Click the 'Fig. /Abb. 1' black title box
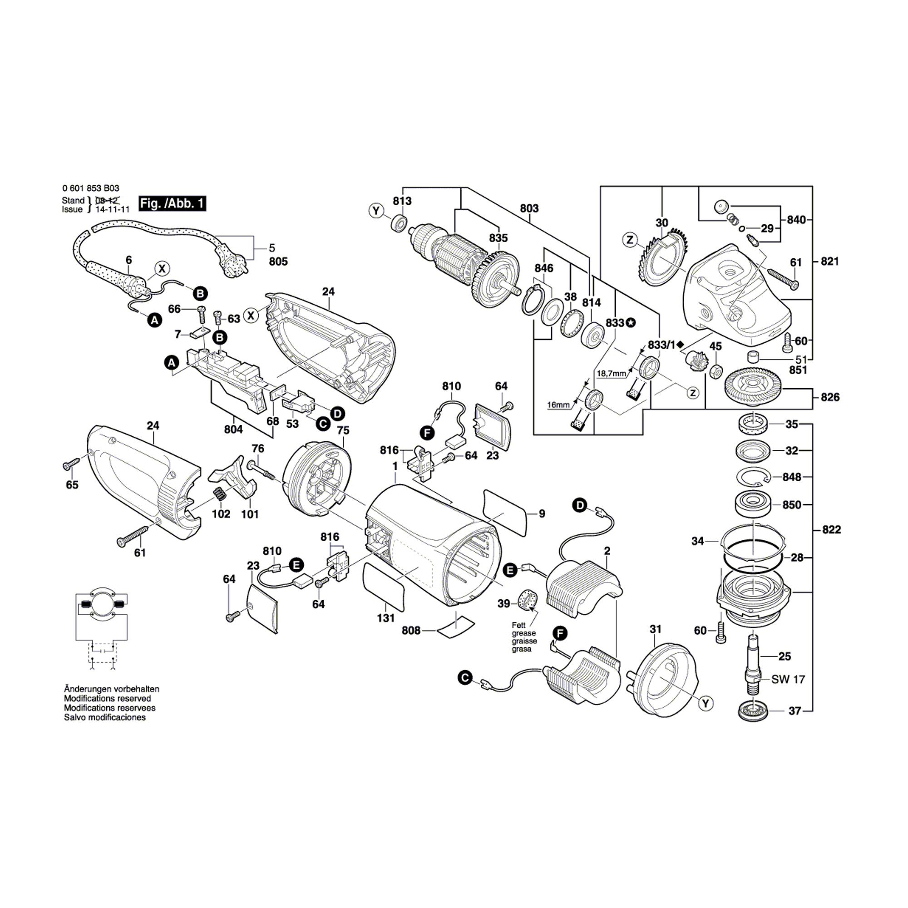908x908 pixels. click(x=173, y=203)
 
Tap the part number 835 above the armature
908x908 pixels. click(x=498, y=238)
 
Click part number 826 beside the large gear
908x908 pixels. click(x=829, y=397)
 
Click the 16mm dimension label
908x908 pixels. click(x=558, y=405)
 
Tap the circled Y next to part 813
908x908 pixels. click(x=376, y=211)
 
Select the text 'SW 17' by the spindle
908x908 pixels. click(x=788, y=679)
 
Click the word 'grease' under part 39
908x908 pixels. click(x=524, y=633)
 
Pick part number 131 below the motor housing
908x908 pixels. click(x=385, y=618)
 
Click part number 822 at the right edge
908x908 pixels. click(x=831, y=530)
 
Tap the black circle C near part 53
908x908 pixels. click(x=322, y=424)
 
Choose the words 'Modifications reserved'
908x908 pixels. click(x=108, y=698)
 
